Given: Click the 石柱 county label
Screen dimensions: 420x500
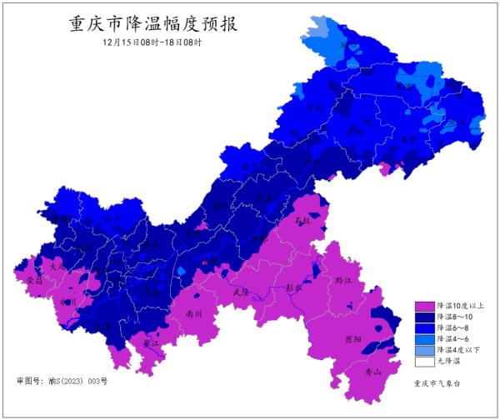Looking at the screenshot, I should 302,221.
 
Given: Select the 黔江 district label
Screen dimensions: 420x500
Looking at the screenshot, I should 343,281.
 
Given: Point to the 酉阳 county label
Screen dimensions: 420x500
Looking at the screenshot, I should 352,340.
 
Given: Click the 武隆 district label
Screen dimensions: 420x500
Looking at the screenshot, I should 241,292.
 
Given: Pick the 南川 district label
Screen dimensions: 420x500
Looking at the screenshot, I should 194,314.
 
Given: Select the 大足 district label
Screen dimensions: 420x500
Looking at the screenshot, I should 57,266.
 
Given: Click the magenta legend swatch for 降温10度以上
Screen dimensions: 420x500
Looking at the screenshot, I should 424,307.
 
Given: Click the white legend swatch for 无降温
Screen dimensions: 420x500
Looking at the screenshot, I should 424,362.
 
